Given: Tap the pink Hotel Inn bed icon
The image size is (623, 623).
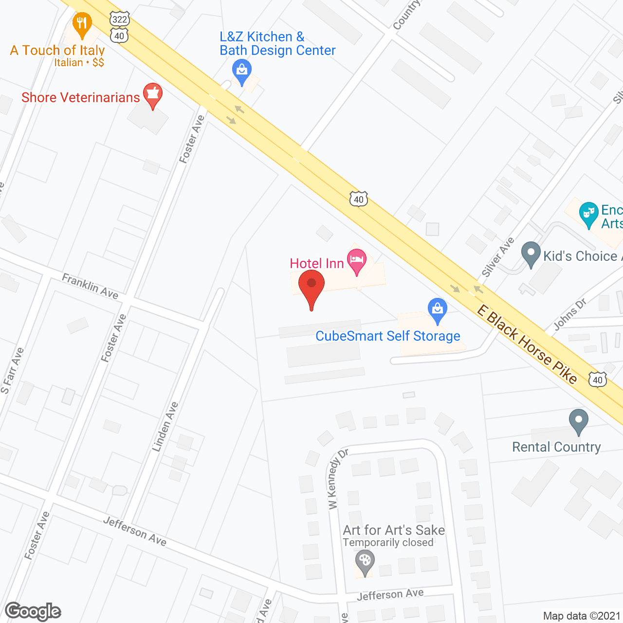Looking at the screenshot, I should pos(357,258).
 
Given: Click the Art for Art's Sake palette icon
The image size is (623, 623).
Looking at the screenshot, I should pos(364,561).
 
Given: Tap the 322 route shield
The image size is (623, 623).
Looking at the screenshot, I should pos(119,19).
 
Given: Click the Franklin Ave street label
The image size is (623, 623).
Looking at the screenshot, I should pos(90,286).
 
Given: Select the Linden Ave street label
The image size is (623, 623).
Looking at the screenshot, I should pos(165,426).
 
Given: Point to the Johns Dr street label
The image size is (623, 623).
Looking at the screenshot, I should pos(570,314).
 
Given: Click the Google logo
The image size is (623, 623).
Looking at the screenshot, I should pos(33,611).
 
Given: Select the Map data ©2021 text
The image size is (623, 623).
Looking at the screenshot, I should pos(582,616).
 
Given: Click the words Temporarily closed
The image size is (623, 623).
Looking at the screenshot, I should pos(388,543).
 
